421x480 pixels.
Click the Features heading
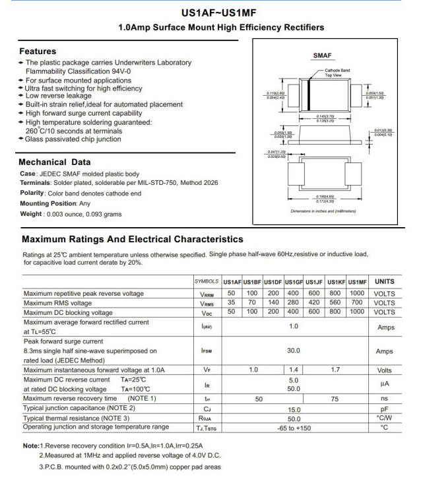click(x=38, y=51)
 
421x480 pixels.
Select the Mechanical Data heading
click(x=55, y=162)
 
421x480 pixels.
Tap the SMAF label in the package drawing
click(x=323, y=58)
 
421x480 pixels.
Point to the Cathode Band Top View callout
click(x=337, y=72)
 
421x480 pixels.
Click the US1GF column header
click(x=294, y=282)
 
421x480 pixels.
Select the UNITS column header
click(x=384, y=282)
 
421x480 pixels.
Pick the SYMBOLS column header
click(x=207, y=282)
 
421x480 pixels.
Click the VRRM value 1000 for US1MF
click(x=357, y=293)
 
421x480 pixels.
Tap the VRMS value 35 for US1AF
click(x=232, y=302)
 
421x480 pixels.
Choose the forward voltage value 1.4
click(x=294, y=370)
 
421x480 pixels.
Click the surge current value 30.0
click(x=294, y=351)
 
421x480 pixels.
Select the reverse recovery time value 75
click(x=335, y=399)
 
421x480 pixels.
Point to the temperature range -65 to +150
click(x=294, y=428)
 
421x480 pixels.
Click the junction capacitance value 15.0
click(x=294, y=409)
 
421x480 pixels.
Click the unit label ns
click(x=384, y=399)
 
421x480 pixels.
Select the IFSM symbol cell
click(x=207, y=351)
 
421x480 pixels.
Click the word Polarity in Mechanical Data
click(x=32, y=193)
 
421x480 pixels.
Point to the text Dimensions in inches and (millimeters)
click(x=323, y=211)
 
